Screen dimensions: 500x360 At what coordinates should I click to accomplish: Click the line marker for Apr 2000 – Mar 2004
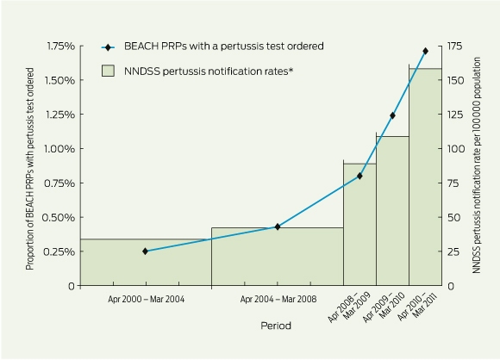(x=145, y=251)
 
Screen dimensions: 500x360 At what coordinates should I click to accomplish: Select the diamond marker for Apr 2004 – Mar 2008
(x=278, y=227)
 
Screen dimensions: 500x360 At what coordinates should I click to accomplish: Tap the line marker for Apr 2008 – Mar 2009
(x=359, y=176)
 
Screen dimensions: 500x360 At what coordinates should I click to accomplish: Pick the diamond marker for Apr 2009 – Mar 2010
(x=392, y=115)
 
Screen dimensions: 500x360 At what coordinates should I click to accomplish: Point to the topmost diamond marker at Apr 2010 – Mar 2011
(x=425, y=51)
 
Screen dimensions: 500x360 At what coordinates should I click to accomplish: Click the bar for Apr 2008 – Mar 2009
(x=359, y=225)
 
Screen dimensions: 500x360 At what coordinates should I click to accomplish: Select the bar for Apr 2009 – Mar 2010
(x=392, y=211)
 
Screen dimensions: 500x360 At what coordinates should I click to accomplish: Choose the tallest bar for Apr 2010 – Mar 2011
(x=425, y=177)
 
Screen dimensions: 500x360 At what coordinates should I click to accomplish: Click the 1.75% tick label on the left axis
(x=61, y=47)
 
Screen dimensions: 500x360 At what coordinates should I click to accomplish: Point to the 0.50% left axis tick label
(x=59, y=218)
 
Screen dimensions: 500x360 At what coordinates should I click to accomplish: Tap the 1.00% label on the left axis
(x=59, y=149)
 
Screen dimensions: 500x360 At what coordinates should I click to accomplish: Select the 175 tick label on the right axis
(x=455, y=47)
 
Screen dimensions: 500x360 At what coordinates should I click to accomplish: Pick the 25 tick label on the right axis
(x=453, y=252)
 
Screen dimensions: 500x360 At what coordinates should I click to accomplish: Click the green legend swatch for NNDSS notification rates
(x=108, y=71)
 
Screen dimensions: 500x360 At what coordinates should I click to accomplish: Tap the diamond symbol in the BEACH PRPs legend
(x=108, y=47)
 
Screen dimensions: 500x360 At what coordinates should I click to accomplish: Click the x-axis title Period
(x=276, y=326)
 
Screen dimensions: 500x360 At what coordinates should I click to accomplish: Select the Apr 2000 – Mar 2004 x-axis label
(x=146, y=300)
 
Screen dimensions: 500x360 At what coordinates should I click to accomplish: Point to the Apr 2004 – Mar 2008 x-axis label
(x=278, y=300)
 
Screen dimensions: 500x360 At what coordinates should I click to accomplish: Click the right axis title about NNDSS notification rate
(x=477, y=165)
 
